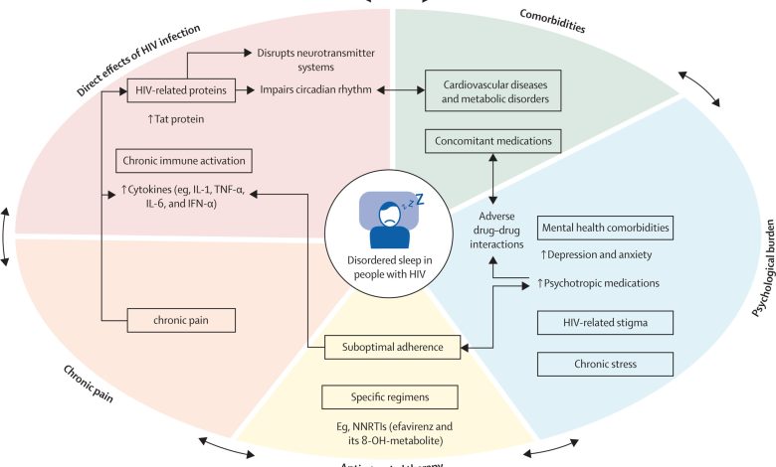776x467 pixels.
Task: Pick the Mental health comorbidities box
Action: tap(605, 228)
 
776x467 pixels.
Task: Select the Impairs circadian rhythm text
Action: tap(315, 90)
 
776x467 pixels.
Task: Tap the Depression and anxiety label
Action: tap(594, 255)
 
